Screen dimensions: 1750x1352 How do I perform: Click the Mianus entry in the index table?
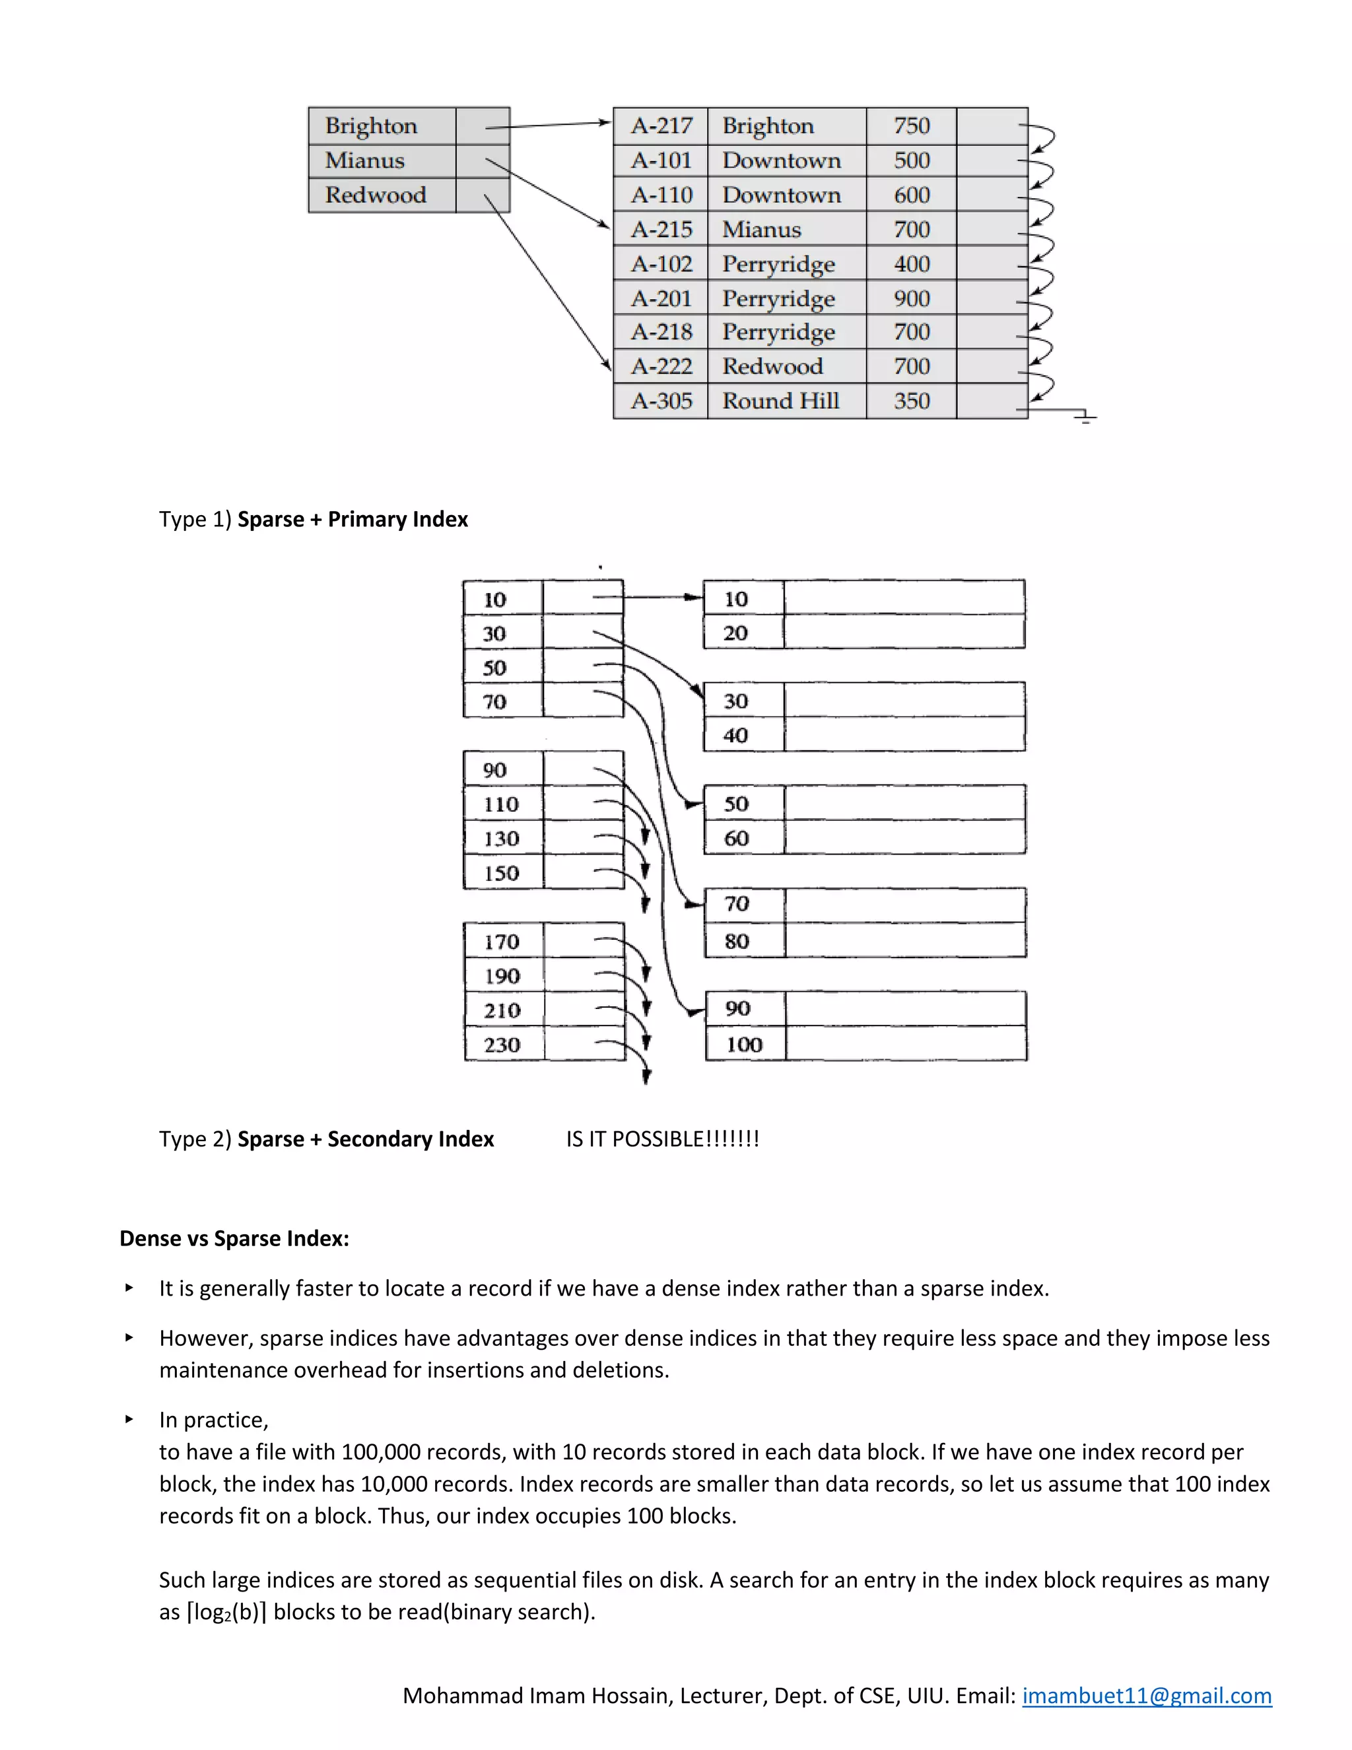364,161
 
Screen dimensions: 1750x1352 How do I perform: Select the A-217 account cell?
661,125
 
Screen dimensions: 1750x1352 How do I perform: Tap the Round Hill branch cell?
780,401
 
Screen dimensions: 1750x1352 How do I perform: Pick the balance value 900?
912,298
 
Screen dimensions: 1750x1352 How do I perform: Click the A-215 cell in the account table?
661,229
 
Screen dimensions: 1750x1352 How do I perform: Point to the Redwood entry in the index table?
375,195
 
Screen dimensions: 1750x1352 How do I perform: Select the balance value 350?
912,401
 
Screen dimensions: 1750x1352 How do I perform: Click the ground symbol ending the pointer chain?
1085,417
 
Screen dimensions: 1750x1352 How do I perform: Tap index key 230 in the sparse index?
502,1045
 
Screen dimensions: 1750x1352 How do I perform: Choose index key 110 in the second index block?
502,804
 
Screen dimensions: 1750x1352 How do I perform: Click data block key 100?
744,1044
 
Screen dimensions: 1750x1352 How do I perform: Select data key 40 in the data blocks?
735,735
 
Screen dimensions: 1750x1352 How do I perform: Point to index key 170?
502,942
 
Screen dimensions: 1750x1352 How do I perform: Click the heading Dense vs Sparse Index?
234,1239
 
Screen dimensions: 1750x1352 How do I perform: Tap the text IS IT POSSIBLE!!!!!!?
662,1138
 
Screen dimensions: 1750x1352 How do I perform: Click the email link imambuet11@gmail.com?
1146,1695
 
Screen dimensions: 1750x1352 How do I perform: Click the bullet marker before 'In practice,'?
129,1419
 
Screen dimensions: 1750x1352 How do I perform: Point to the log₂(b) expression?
226,1612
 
